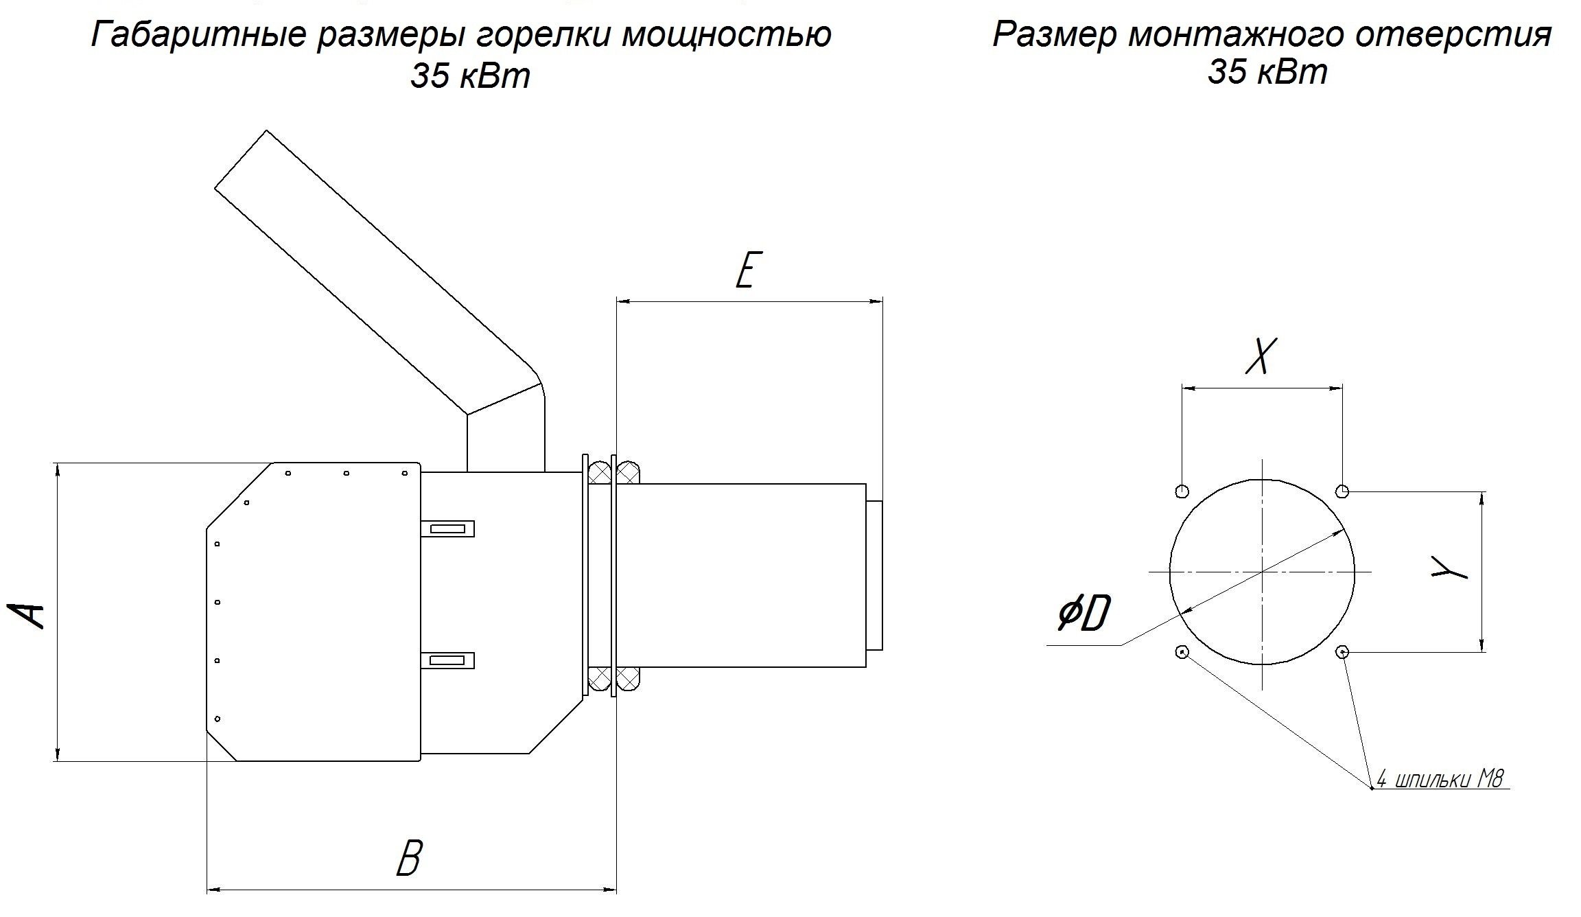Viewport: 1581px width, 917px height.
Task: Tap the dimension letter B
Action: tap(409, 858)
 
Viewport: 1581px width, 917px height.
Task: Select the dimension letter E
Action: tap(748, 270)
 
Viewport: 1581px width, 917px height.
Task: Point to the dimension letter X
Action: tap(1261, 356)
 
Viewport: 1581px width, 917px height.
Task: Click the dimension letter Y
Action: tap(1449, 568)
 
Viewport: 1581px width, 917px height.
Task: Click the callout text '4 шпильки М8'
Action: tap(1440, 780)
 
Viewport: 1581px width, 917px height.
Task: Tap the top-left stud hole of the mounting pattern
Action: tap(1182, 491)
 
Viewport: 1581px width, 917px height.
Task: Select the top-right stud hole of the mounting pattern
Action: tap(1343, 491)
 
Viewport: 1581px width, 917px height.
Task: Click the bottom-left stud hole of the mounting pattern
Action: tap(1182, 651)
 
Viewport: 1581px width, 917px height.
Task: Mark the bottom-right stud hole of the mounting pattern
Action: tap(1343, 651)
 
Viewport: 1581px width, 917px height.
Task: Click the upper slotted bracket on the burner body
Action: tap(447, 529)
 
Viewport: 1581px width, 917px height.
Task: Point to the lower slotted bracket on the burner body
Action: tap(447, 660)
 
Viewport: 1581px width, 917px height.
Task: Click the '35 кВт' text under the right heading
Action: tap(1267, 71)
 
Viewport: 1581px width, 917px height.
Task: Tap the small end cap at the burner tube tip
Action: tap(874, 575)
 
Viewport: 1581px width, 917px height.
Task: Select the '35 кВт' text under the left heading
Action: tap(470, 76)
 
